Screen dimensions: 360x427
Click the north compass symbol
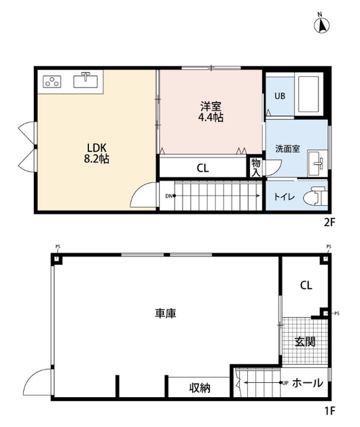(321, 24)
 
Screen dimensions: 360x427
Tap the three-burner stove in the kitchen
(52, 81)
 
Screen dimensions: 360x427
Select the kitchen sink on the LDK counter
(86, 80)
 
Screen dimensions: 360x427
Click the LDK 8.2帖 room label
(96, 153)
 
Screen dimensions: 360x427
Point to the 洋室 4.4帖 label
(211, 111)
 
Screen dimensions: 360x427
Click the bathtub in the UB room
(308, 94)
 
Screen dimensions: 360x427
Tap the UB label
(280, 96)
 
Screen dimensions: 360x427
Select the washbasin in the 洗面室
(317, 163)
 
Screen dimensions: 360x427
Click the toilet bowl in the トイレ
(316, 196)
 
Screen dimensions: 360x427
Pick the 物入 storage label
(256, 168)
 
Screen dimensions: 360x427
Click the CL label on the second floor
(203, 168)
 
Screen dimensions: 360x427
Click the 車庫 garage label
(166, 313)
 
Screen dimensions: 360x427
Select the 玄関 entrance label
(305, 341)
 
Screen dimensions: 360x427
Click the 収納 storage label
(200, 388)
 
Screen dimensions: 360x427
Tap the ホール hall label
(308, 383)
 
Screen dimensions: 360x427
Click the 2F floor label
(329, 223)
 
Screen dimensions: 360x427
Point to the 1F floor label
(329, 411)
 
